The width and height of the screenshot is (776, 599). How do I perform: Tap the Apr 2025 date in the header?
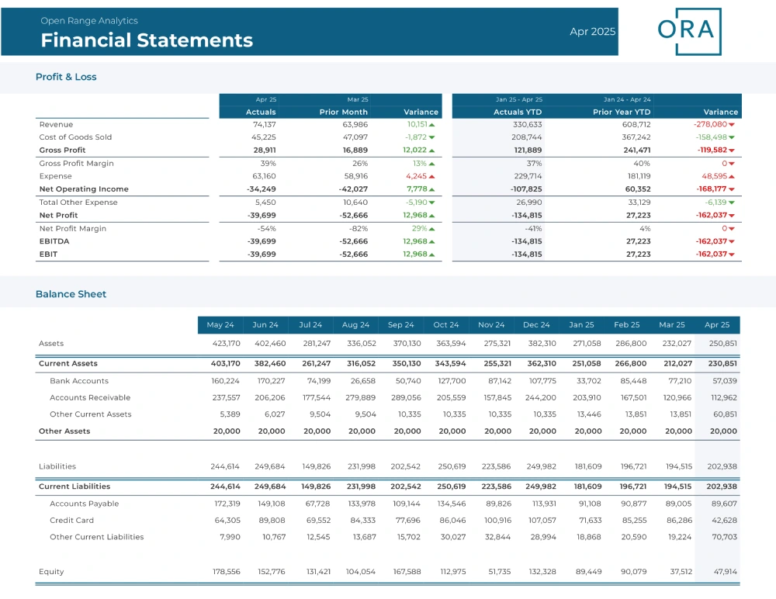(x=592, y=31)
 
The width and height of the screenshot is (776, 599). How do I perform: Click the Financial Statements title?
(x=147, y=40)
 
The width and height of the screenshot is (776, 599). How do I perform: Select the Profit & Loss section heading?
(x=66, y=77)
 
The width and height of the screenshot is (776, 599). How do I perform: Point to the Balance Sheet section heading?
(x=71, y=294)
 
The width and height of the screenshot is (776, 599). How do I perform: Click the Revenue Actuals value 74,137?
(x=265, y=124)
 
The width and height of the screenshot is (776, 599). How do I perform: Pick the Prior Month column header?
(x=344, y=112)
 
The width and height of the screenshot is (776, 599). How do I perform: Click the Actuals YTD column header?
(x=518, y=112)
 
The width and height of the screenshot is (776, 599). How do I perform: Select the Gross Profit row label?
(x=62, y=150)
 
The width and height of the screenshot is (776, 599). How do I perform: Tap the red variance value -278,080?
(x=710, y=124)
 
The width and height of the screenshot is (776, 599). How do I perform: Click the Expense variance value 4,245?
(x=416, y=175)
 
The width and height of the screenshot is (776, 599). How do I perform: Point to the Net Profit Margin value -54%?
(x=266, y=228)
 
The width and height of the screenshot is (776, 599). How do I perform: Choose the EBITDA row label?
(x=54, y=241)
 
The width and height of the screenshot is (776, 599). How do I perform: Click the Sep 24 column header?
(x=401, y=325)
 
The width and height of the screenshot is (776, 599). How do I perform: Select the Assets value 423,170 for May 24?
(x=226, y=343)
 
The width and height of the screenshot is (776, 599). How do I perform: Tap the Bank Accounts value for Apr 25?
(x=725, y=381)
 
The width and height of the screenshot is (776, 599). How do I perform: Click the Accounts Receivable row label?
(x=90, y=397)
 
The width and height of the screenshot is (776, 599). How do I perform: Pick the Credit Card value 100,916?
(x=497, y=521)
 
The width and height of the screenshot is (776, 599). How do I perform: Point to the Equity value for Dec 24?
(x=542, y=571)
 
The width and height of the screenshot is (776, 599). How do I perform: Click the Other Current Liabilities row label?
(x=96, y=537)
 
